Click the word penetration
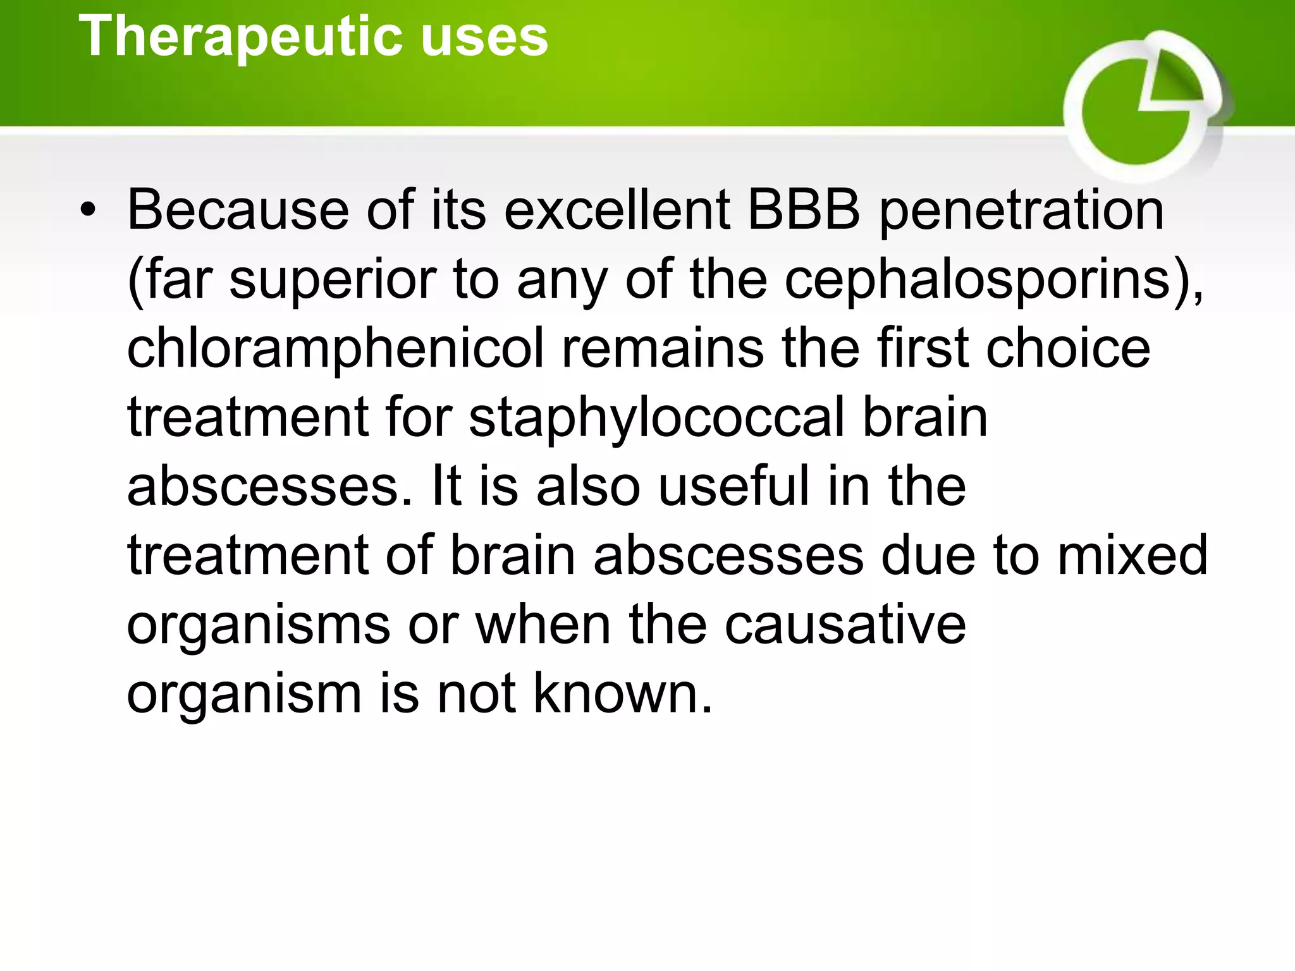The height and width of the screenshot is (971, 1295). pos(1021,212)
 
